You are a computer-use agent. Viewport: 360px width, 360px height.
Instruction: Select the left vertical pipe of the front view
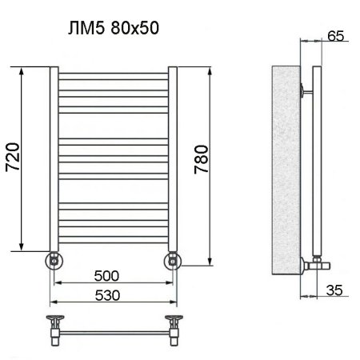pyautogui.click(x=53, y=160)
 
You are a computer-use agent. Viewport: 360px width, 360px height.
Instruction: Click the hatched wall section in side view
pyautogui.click(x=285, y=168)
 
